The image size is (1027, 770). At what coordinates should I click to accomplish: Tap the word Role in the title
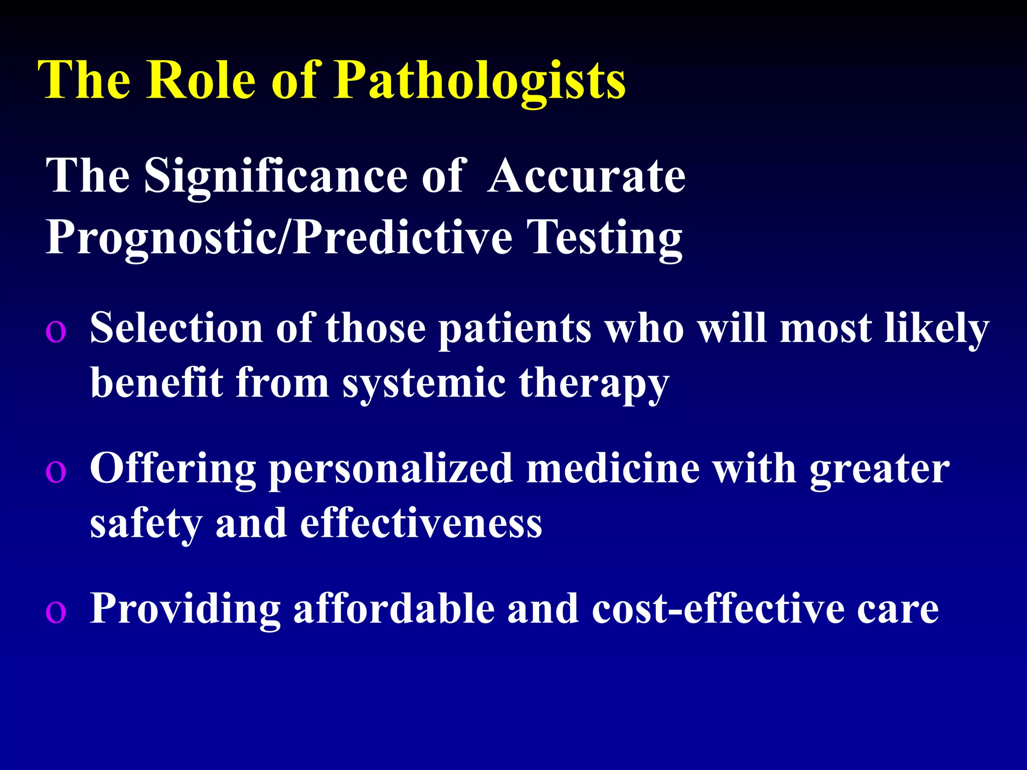pos(201,80)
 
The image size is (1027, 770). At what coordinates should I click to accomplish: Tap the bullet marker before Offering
pos(55,472)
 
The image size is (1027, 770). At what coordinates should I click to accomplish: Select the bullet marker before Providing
pos(55,612)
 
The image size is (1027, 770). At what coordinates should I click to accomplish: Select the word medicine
pos(612,468)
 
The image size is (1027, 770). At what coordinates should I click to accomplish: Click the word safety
pos(145,524)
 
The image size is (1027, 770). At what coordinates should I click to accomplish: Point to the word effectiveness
pos(421,523)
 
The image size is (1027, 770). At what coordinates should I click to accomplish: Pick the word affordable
pos(394,609)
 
